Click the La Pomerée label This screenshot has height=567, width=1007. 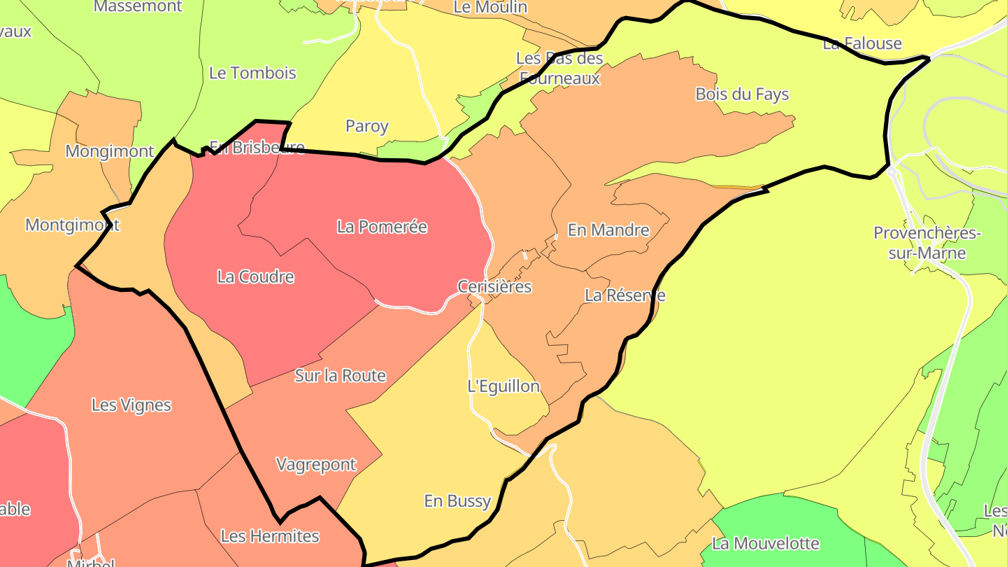pyautogui.click(x=382, y=227)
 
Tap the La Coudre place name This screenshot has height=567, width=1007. pyautogui.click(x=255, y=277)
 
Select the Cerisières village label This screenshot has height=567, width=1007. pyautogui.click(x=494, y=286)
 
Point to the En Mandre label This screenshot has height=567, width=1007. pyautogui.click(x=608, y=230)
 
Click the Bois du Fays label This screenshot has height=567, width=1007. pyautogui.click(x=742, y=94)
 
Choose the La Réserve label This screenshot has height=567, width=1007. pyautogui.click(x=624, y=295)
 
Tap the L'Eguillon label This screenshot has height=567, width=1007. pyautogui.click(x=503, y=386)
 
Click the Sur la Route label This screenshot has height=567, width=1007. pyautogui.click(x=340, y=376)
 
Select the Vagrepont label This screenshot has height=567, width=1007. pyautogui.click(x=316, y=465)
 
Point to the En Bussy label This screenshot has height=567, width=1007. pyautogui.click(x=458, y=501)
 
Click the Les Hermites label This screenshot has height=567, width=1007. pyautogui.click(x=270, y=536)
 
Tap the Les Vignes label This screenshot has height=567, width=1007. pyautogui.click(x=131, y=405)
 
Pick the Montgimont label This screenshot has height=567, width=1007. pyautogui.click(x=73, y=225)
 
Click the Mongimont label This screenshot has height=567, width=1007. pyautogui.click(x=110, y=151)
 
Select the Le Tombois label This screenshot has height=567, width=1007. pyautogui.click(x=252, y=73)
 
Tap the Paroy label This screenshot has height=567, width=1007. pyautogui.click(x=367, y=127)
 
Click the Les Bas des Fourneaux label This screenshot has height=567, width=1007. pyautogui.click(x=559, y=68)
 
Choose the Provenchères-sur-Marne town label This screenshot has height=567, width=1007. pyautogui.click(x=927, y=243)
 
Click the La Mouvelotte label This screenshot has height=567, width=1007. pyautogui.click(x=765, y=543)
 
